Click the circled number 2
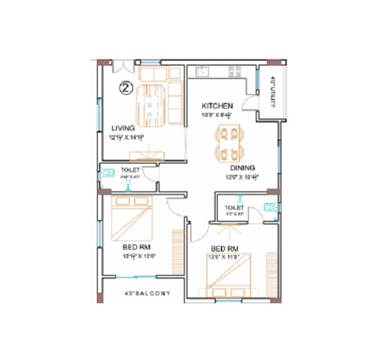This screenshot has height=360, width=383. pos(125,86)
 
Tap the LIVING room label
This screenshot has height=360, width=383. pos(123,128)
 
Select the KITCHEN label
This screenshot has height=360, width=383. pos(217,105)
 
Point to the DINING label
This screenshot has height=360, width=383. pos(242,167)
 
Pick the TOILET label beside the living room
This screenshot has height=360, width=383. pos(129,170)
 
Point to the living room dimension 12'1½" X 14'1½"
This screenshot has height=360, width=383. pos(127,138)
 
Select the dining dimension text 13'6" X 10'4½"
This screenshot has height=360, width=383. pos(242,177)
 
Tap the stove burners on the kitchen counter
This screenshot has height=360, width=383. pos(235,71)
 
